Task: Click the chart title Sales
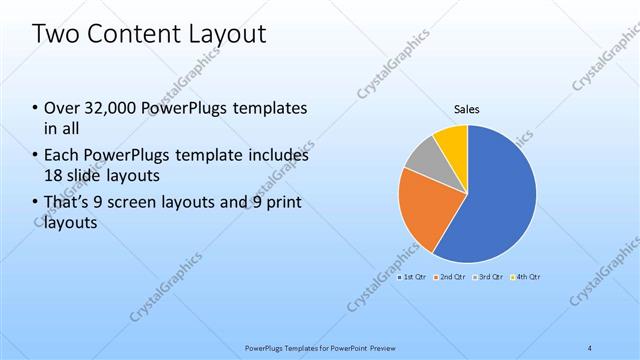click(467, 109)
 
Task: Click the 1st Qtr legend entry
click(412, 276)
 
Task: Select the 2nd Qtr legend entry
click(451, 276)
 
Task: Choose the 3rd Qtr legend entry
click(489, 276)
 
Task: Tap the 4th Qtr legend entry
click(527, 276)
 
